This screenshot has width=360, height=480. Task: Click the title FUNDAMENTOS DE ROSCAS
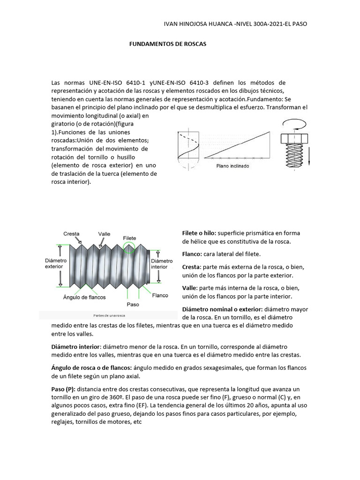[167, 44]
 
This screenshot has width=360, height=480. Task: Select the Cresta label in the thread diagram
[71, 233]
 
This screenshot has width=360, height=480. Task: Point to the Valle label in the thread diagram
[104, 233]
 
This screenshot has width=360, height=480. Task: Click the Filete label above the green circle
[129, 238]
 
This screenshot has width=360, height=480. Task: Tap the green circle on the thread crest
[129, 249]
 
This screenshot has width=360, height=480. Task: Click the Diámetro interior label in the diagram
[162, 263]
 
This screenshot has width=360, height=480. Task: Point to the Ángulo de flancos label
[84, 297]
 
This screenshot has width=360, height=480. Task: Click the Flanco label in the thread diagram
[160, 295]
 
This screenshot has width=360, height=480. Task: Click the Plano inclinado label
[232, 166]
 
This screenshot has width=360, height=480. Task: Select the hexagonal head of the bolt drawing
[295, 139]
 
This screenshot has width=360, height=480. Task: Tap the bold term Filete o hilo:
[199, 233]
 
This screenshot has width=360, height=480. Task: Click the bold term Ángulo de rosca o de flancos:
[91, 367]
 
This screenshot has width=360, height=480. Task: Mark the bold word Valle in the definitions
[190, 288]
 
